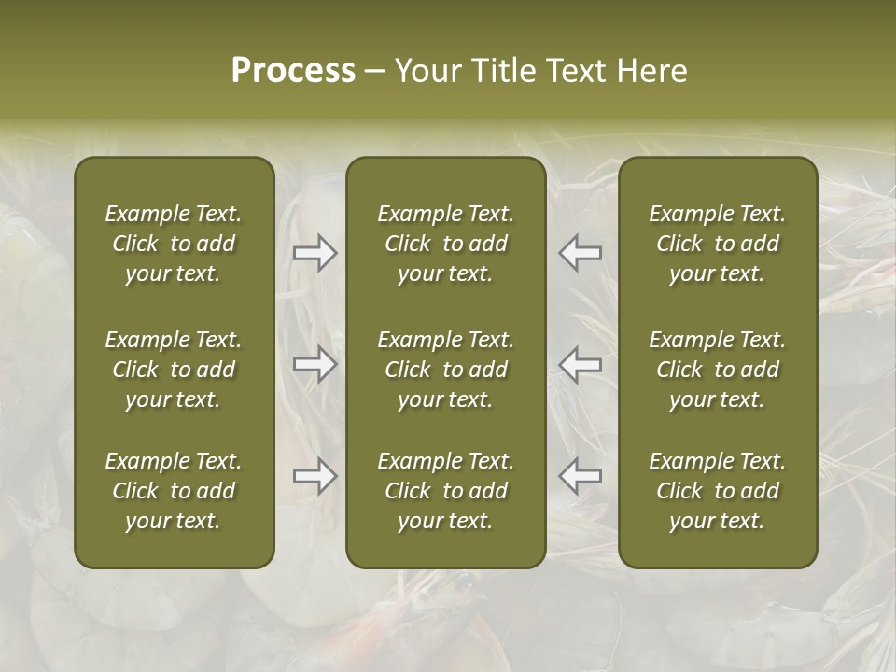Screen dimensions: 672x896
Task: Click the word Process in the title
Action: [x=293, y=70]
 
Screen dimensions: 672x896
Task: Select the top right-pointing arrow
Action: [x=315, y=253]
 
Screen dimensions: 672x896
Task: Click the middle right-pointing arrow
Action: [x=315, y=364]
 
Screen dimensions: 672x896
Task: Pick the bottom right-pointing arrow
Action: [x=315, y=476]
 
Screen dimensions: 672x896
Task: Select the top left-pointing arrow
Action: [x=580, y=253]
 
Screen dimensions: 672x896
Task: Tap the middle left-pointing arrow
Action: [x=580, y=364]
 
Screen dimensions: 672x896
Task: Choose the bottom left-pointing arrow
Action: [x=580, y=476]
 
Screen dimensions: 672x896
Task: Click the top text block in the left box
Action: [x=174, y=244]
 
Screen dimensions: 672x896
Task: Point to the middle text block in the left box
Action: [x=174, y=370]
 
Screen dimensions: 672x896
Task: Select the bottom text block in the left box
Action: [x=174, y=491]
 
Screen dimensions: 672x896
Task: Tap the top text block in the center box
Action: [x=446, y=244]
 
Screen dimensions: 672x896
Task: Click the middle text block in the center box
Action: [x=446, y=370]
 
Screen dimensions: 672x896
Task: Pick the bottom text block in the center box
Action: [x=446, y=491]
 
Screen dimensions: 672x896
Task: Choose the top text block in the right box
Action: [x=718, y=244]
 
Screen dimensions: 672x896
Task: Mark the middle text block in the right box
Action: [x=718, y=370]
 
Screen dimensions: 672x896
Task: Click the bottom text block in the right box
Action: [x=718, y=491]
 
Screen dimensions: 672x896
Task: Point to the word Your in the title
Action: [x=427, y=70]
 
